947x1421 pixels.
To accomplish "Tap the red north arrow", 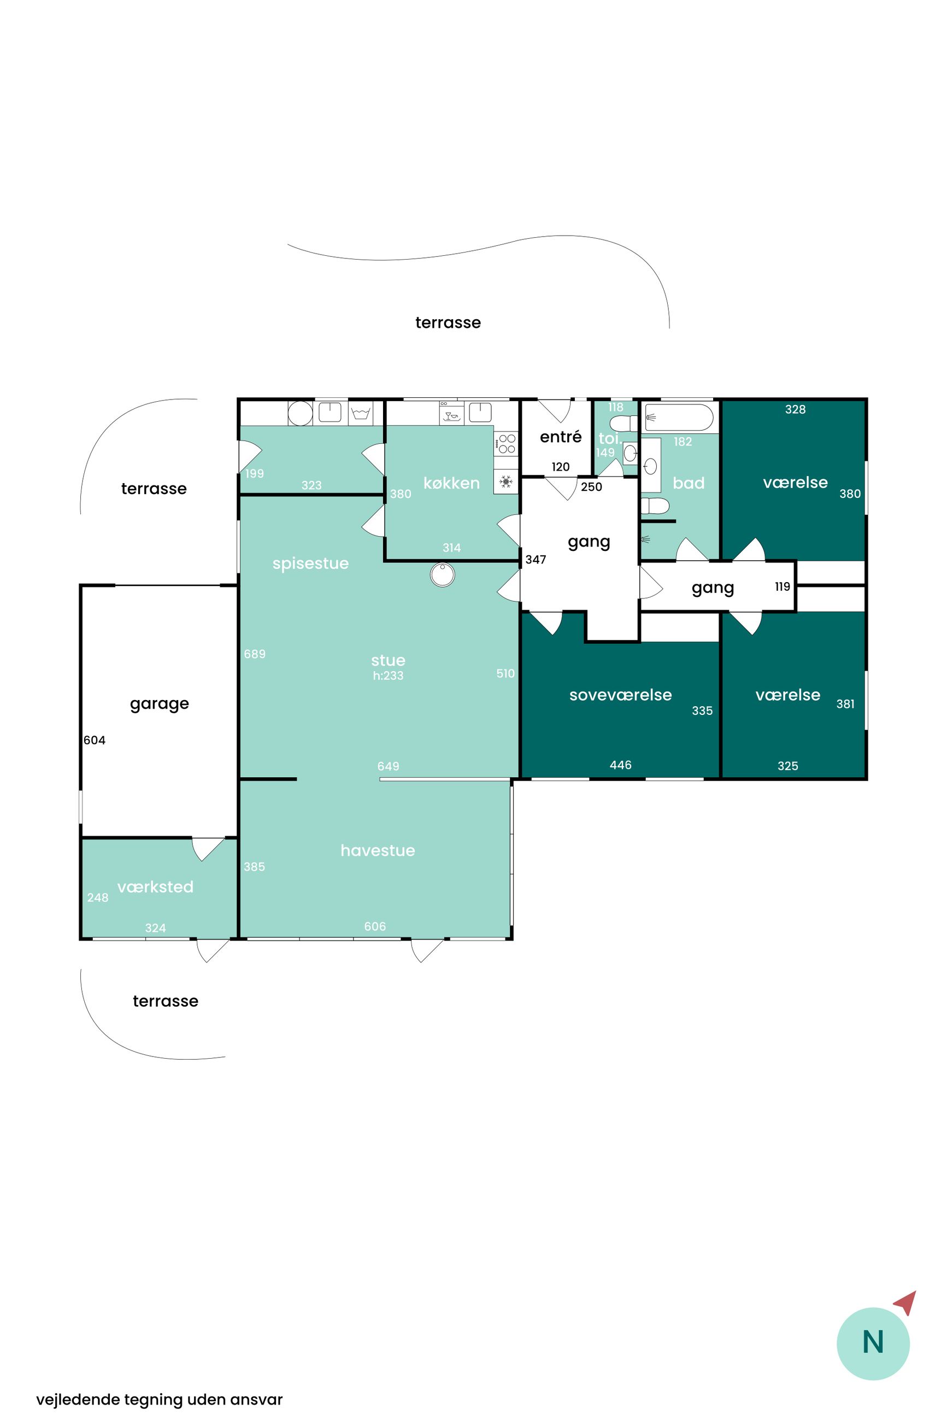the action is click(907, 1302).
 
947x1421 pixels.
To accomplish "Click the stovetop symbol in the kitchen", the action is click(506, 444).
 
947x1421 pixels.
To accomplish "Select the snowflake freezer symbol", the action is click(506, 482).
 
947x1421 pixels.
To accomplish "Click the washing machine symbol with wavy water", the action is click(361, 413).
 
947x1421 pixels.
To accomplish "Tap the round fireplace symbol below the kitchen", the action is click(442, 575).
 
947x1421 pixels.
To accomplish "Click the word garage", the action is click(160, 704).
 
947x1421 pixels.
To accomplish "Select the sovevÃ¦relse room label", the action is click(620, 695).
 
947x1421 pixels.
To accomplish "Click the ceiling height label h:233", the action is click(388, 675).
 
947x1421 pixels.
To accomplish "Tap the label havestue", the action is click(378, 850).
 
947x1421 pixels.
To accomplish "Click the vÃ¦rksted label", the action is click(155, 886).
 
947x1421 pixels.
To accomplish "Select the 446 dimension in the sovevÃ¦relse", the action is click(620, 765).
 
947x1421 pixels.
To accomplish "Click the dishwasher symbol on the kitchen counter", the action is click(451, 413).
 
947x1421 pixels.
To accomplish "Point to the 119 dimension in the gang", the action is click(782, 586).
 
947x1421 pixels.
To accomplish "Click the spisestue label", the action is click(310, 563).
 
